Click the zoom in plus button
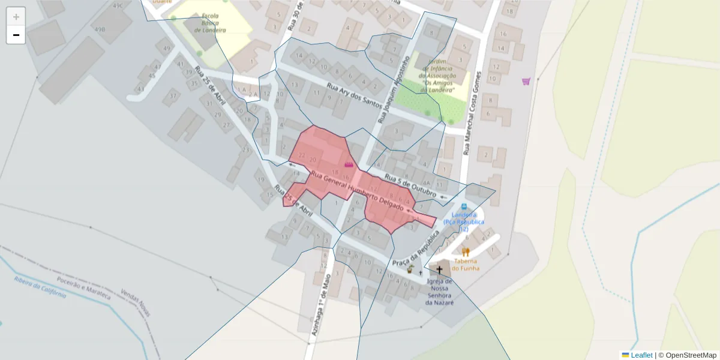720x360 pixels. pos(16,17)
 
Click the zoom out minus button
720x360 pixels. pos(16,35)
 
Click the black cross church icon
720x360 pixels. pos(439,270)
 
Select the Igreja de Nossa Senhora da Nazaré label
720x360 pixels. pos(440,292)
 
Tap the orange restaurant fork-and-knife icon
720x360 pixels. pos(466,252)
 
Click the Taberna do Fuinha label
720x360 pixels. pos(466,265)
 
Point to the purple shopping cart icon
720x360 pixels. pos(526,82)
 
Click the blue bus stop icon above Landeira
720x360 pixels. pos(464,206)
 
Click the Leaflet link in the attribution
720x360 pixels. pos(641,355)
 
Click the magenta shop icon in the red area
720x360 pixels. pos(349,163)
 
